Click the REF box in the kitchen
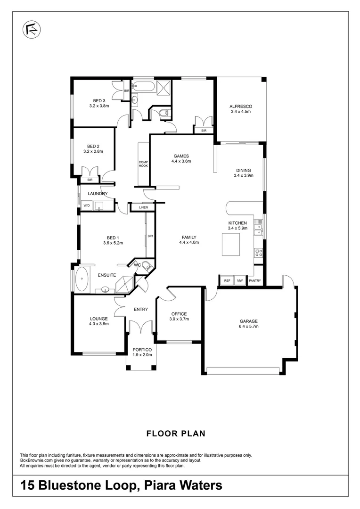(227, 281)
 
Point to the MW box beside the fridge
(240, 281)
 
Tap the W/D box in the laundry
(87, 205)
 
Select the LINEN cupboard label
(143, 207)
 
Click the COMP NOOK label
(143, 164)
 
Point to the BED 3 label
(99, 100)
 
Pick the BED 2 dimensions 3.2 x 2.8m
(93, 152)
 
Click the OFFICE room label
(179, 314)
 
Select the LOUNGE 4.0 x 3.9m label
(98, 321)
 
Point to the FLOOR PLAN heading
(176, 433)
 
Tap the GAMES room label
(181, 156)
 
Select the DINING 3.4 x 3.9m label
(243, 172)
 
